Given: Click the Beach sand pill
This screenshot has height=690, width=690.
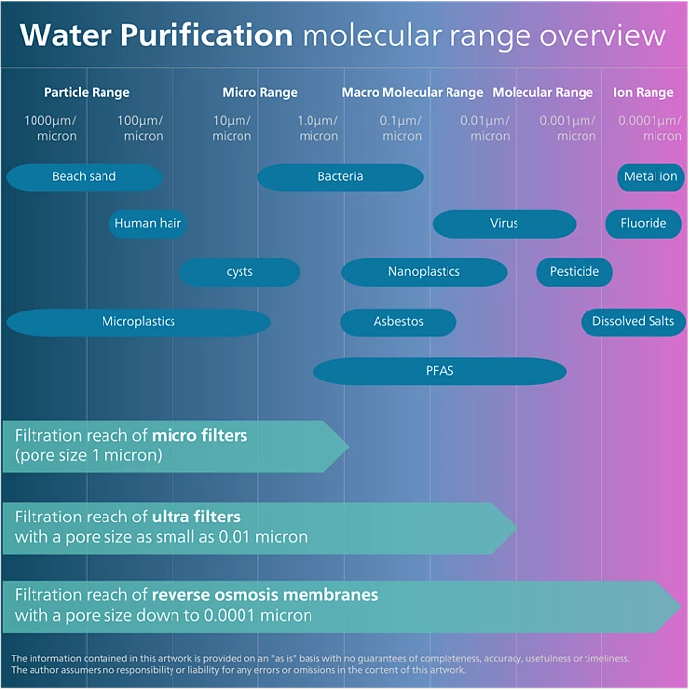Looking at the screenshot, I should point(84,177).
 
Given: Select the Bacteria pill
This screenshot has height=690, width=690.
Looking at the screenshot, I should point(340,177).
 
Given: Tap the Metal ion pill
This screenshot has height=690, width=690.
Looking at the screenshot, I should point(651,177).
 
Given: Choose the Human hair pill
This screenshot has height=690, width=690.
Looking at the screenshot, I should point(148,224).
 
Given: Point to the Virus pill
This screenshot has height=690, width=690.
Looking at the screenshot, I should point(504,224).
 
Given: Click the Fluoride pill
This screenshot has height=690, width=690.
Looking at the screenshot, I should point(644,224).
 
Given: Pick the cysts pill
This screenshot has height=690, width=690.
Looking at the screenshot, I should point(240,272).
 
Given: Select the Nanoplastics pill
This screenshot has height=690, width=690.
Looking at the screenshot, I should point(424,272).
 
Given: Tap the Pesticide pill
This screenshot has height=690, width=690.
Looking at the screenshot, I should point(575,272).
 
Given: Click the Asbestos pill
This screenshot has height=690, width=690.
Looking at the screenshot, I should point(398,322).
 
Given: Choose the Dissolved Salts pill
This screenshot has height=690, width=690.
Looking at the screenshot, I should point(633,322).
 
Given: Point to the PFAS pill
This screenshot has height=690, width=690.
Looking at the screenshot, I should point(440,372).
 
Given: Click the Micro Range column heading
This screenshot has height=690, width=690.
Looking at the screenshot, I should point(259,93).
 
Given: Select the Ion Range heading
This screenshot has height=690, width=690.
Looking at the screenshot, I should point(643,93).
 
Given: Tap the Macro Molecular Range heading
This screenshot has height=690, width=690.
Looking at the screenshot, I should point(412,93).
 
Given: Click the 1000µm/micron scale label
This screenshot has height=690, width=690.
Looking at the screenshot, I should point(50,128).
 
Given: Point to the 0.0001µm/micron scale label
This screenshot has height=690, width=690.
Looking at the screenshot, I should point(650,128).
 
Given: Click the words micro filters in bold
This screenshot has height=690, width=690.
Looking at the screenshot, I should point(199,435).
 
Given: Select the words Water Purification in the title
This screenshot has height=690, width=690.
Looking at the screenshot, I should point(156,35).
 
